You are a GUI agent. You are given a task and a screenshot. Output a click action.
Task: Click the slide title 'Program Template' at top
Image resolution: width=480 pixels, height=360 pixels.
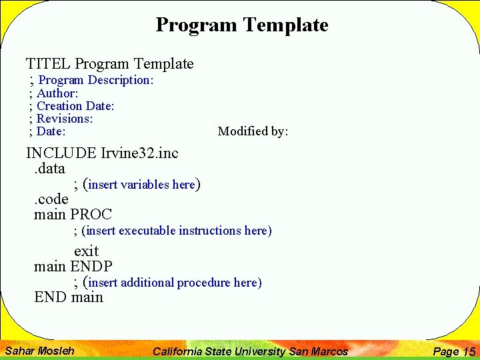[241, 25]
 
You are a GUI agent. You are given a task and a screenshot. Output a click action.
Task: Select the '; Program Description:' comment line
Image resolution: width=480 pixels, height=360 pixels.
[92, 80]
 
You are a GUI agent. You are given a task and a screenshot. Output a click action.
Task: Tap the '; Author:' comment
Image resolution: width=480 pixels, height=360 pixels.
[54, 93]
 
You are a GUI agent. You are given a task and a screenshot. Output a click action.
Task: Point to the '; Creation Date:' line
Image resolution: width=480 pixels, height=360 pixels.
[72, 106]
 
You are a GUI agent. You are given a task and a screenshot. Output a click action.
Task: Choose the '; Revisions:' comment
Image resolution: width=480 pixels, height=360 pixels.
[61, 119]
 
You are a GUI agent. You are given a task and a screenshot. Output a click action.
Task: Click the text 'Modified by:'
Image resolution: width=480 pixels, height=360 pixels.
[253, 131]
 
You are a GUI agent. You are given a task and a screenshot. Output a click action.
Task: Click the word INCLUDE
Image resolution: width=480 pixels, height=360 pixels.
[61, 153]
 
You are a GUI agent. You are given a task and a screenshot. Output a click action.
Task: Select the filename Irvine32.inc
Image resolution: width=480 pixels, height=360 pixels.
[139, 153]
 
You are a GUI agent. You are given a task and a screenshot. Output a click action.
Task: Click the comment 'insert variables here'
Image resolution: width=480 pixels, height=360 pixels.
[141, 185]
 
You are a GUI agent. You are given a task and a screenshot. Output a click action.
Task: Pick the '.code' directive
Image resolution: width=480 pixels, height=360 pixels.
[51, 199]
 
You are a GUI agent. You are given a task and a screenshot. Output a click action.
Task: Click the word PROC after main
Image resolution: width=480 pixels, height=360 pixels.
[91, 215]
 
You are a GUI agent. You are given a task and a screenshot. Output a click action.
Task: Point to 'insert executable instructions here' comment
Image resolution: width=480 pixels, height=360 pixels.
[177, 231]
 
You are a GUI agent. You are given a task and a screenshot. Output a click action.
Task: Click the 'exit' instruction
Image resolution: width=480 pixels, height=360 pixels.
[86, 251]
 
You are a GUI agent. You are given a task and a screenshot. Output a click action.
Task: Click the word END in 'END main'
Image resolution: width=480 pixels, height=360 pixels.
[51, 297]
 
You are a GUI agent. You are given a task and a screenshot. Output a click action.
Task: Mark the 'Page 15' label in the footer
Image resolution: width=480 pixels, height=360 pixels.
[453, 351]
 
